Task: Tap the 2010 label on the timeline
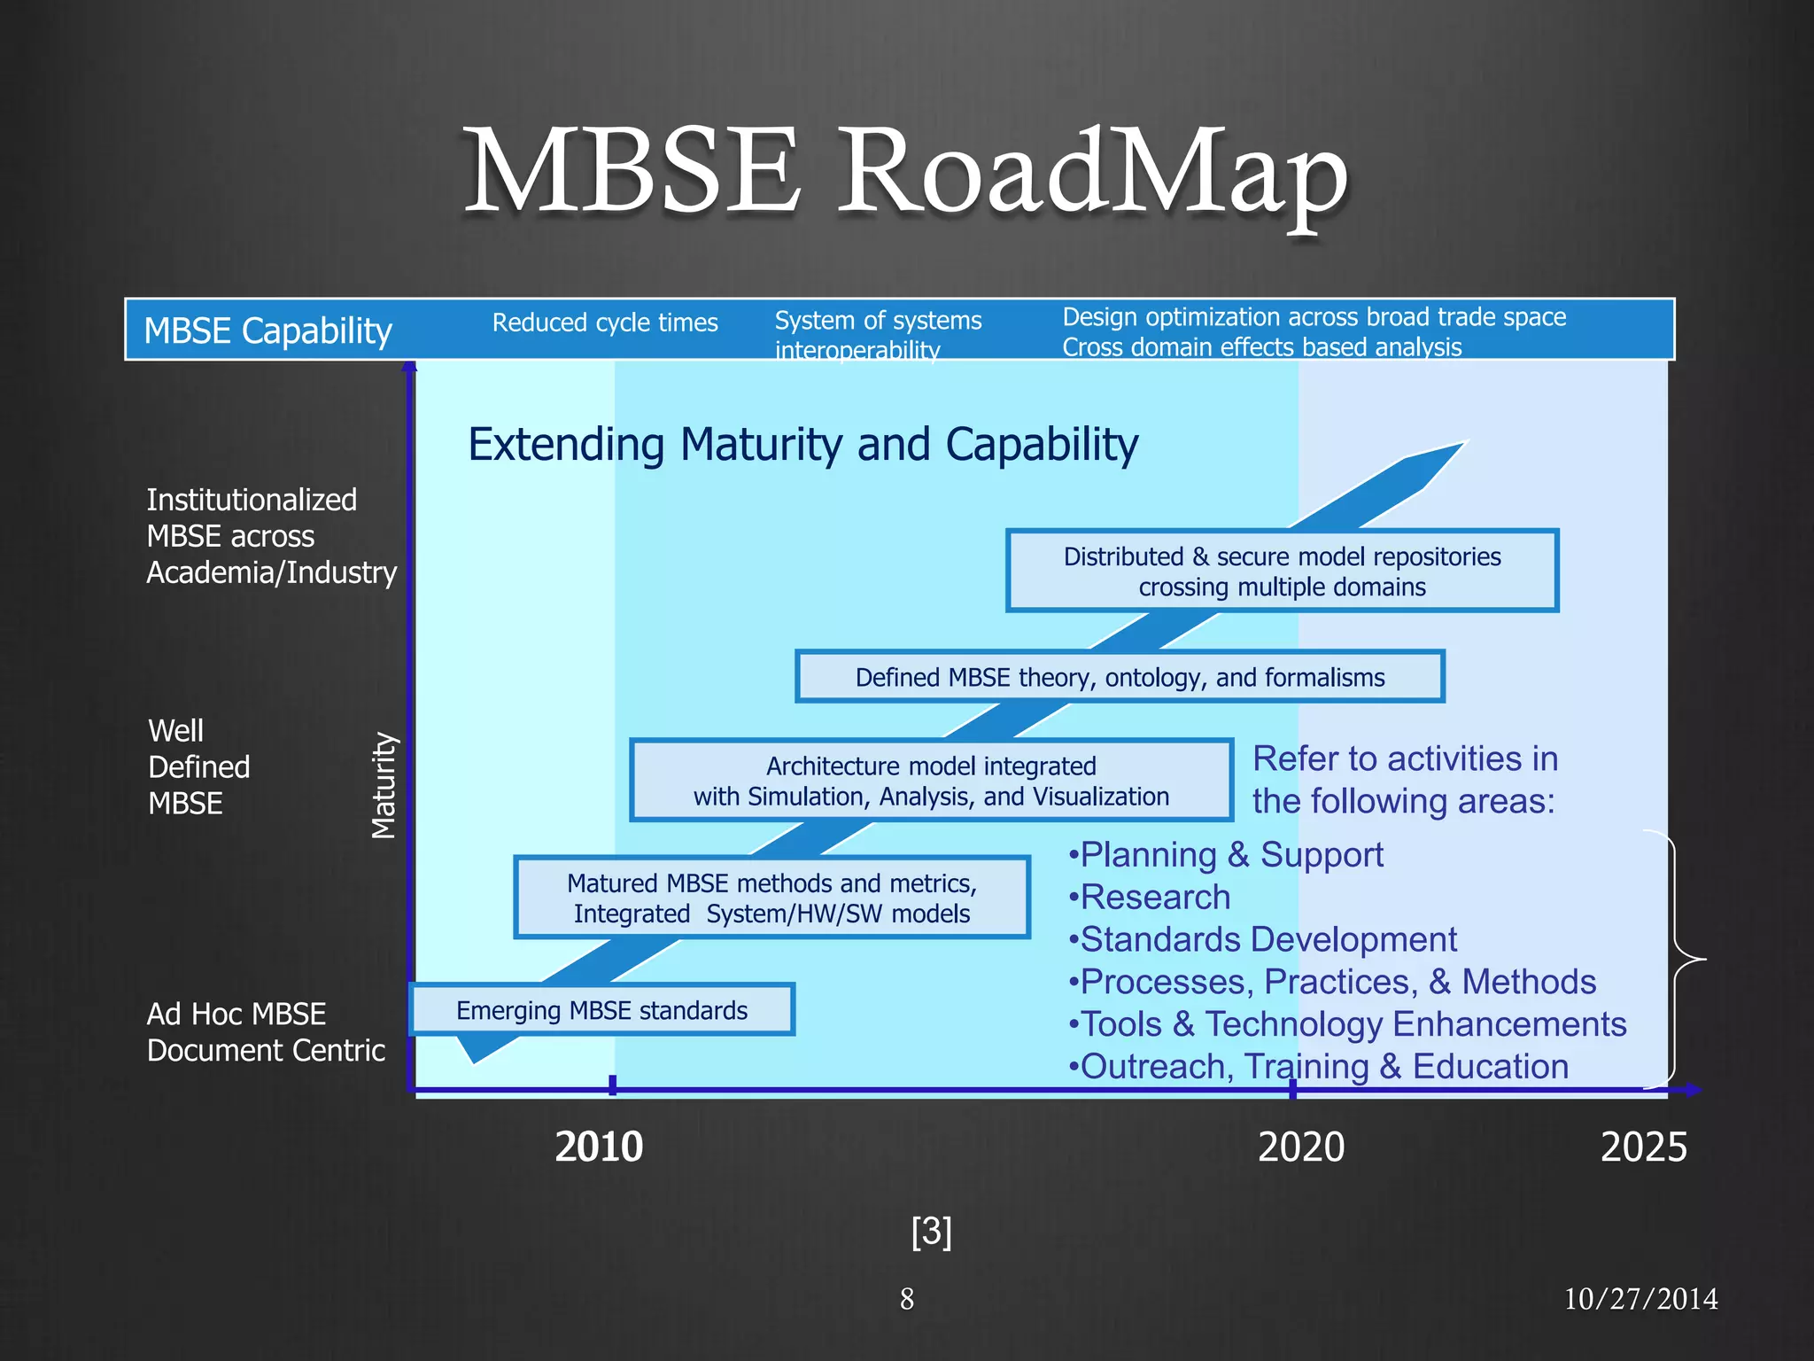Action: (599, 1147)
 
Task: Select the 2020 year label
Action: (1300, 1147)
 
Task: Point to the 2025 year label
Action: (1643, 1147)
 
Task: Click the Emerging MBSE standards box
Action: (601, 1010)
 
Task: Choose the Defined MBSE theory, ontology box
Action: (1120, 678)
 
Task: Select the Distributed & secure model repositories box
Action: (1282, 572)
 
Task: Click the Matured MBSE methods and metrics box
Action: (771, 898)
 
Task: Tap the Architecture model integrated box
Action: (931, 781)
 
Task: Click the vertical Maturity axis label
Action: (383, 785)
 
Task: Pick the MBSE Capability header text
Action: (267, 331)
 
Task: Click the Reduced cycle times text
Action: (605, 323)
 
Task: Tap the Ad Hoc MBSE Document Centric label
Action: (266, 1031)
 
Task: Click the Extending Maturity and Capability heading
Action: (802, 444)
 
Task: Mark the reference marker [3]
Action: (931, 1232)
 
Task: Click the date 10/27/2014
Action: (1640, 1299)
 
